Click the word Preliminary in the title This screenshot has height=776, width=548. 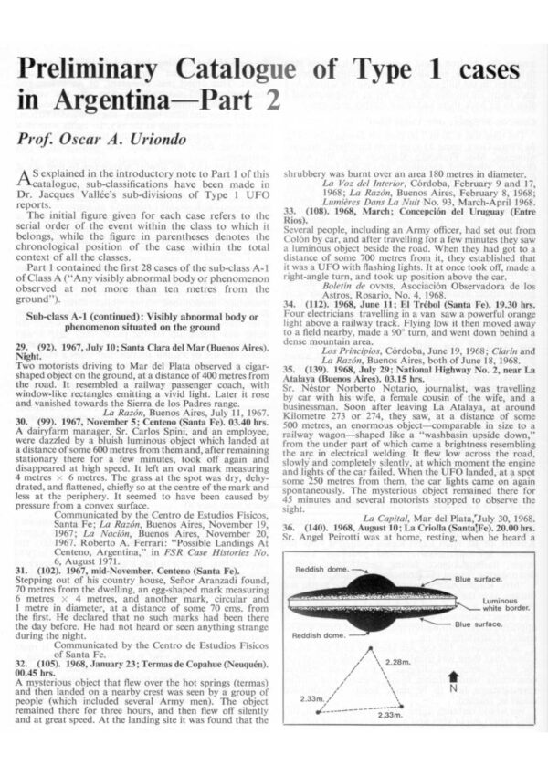[110, 71]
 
